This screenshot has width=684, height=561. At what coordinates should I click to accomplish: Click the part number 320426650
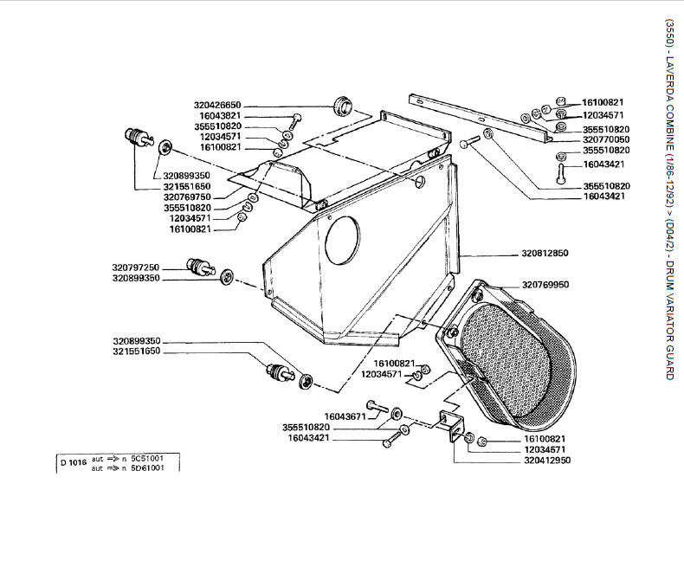(217, 105)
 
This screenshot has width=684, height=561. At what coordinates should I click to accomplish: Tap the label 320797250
(136, 268)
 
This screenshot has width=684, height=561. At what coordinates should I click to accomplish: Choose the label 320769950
(545, 285)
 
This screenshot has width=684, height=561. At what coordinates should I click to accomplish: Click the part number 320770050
(605, 139)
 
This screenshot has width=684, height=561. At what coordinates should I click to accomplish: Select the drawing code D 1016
(74, 461)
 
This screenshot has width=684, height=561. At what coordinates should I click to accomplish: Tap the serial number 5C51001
(147, 457)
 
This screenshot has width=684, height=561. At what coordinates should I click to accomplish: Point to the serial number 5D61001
(147, 467)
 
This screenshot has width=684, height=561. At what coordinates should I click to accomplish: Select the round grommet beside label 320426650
(344, 106)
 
